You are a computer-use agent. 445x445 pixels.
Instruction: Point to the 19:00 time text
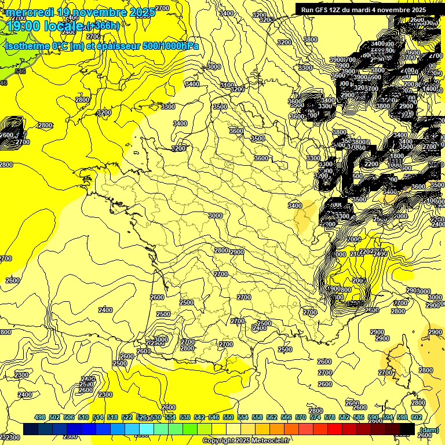21,25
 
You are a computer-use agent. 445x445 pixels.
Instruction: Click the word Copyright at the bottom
218,441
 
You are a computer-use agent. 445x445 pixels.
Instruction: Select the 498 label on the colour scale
40,417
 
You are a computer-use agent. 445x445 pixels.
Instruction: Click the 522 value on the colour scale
127,417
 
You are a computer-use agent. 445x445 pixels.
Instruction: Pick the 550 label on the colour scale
229,417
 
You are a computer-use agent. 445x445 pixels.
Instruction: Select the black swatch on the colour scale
407,429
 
